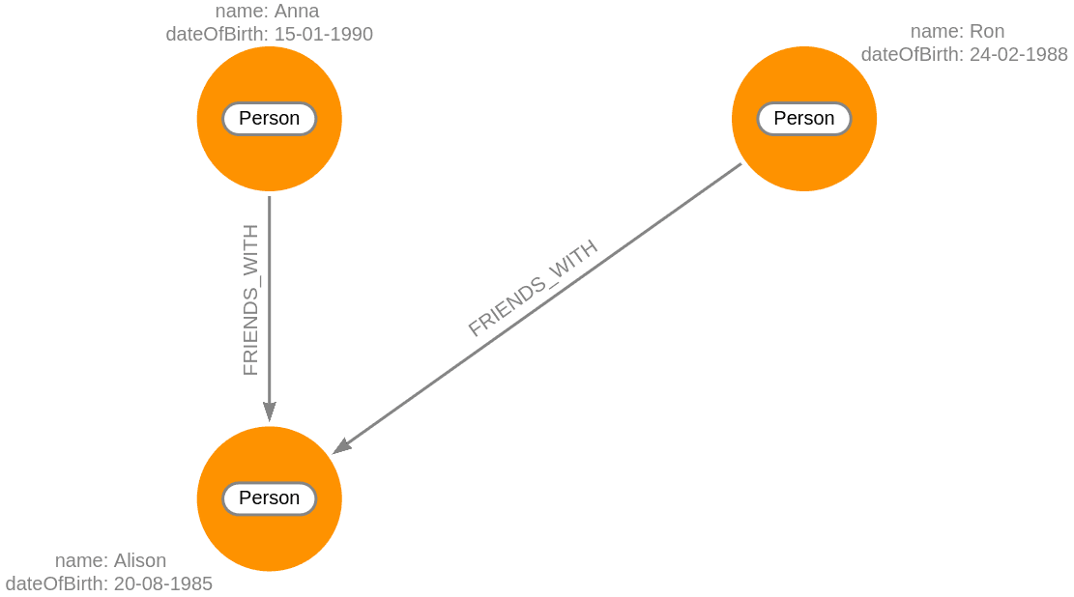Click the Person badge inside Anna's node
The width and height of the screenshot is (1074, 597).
pyautogui.click(x=269, y=119)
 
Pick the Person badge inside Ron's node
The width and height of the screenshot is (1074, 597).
pyautogui.click(x=803, y=119)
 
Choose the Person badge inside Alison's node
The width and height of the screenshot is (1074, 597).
pyautogui.click(x=269, y=498)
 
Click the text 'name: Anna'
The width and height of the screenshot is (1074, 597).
pyautogui.click(x=267, y=12)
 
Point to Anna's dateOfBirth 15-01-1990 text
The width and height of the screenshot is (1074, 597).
pyautogui.click(x=269, y=34)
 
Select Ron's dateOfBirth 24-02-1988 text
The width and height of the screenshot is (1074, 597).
pyautogui.click(x=964, y=54)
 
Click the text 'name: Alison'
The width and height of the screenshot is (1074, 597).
pyautogui.click(x=110, y=560)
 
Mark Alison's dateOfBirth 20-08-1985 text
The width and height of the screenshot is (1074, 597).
pyautogui.click(x=108, y=583)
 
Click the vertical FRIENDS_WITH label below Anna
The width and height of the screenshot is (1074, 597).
pyautogui.click(x=250, y=300)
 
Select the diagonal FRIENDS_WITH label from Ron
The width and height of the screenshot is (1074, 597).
pyautogui.click(x=533, y=287)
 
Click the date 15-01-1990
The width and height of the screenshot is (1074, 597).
pyautogui.click(x=324, y=34)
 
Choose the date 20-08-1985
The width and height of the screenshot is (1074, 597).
pyautogui.click(x=162, y=583)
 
